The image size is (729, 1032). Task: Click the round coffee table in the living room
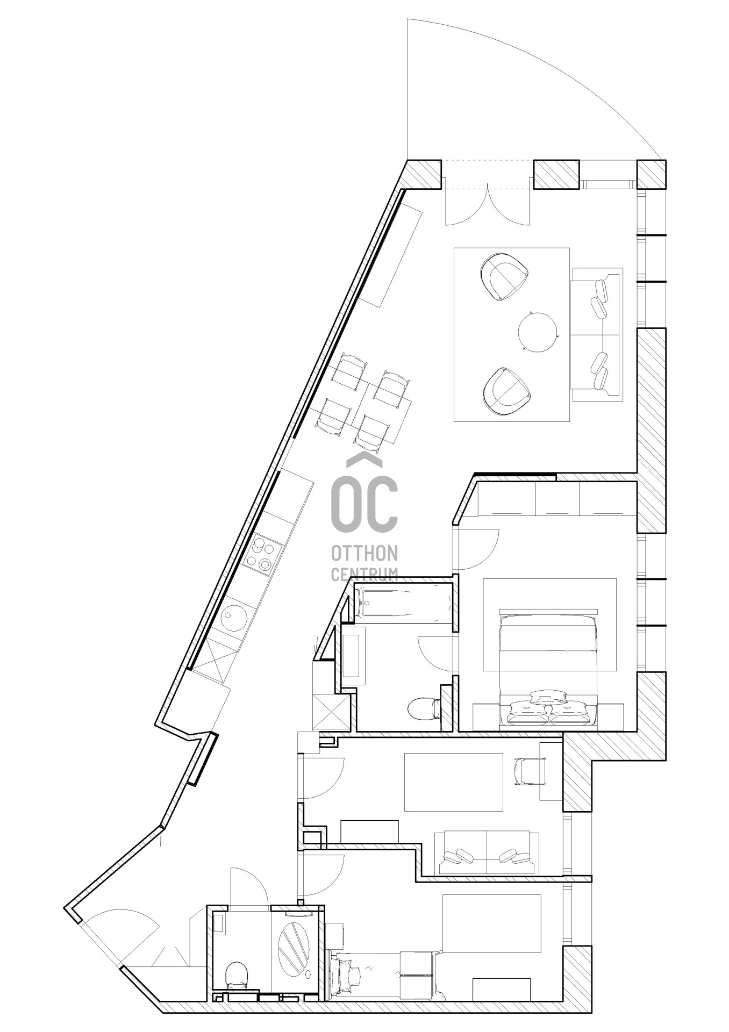538,332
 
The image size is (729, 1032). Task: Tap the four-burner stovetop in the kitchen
261,553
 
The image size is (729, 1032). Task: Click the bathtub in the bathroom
404,604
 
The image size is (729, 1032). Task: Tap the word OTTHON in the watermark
364,552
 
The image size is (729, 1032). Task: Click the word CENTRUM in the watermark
364,574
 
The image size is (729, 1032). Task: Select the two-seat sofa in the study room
487,852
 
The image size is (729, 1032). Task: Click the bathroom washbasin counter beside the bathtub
353,656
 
